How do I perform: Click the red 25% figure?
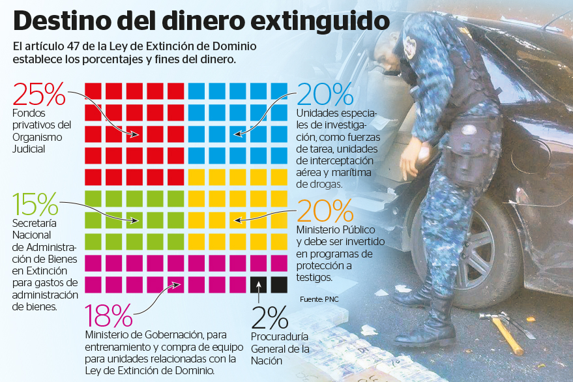click(x=38, y=95)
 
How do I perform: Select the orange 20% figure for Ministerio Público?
click(x=325, y=211)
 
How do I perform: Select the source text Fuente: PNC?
click(x=319, y=299)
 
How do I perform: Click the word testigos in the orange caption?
click(x=314, y=277)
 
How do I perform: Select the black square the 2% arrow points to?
click(x=258, y=285)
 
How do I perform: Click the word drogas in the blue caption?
click(x=325, y=184)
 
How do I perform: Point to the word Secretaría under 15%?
click(x=33, y=224)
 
